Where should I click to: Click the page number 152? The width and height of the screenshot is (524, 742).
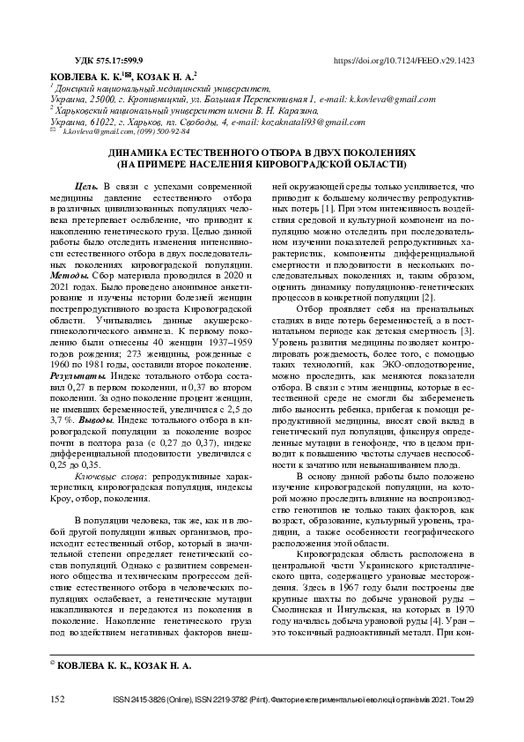coord(58,698)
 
